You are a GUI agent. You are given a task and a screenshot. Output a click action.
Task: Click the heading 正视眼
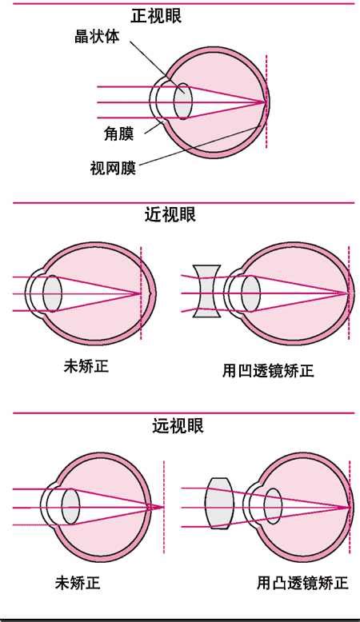[x=156, y=16]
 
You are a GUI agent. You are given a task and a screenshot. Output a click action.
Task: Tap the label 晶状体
[x=97, y=37]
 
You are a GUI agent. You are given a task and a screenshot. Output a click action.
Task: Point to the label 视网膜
[x=113, y=168]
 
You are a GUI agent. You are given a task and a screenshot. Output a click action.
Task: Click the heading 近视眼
[x=170, y=214]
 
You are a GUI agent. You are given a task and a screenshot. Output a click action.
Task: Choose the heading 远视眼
[x=178, y=425]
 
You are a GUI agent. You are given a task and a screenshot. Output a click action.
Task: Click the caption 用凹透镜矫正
[x=268, y=371]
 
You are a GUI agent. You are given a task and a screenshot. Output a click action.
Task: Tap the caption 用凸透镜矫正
[x=302, y=583]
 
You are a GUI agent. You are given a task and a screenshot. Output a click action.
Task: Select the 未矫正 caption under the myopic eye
[x=86, y=365]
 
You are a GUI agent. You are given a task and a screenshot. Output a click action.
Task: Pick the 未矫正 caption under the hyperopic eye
[x=78, y=583]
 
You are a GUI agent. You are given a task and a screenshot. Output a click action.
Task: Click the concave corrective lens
[x=206, y=291]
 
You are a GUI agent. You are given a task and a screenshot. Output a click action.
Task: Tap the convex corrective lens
[x=218, y=503]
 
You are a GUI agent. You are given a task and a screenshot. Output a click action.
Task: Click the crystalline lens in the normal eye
[x=183, y=102]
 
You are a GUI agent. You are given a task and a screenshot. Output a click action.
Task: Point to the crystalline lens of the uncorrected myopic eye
[x=52, y=293]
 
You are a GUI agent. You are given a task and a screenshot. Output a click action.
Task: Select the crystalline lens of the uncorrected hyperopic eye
[x=70, y=506]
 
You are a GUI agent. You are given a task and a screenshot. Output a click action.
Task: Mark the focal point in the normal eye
[x=265, y=102]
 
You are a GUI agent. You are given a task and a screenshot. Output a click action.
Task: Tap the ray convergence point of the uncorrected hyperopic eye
[x=162, y=507]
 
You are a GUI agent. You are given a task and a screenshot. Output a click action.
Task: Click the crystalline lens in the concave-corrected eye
[x=250, y=293]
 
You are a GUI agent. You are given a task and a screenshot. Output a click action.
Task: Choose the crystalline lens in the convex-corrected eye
[x=273, y=506]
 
